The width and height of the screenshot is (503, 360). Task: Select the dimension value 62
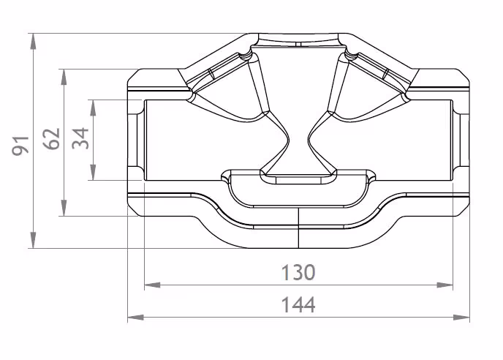pyautogui.click(x=50, y=140)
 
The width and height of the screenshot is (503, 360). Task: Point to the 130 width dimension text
pyautogui.click(x=298, y=273)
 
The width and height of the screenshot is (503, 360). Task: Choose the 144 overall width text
pyautogui.click(x=298, y=304)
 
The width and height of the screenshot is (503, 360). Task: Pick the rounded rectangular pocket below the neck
pyautogui.click(x=298, y=192)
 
